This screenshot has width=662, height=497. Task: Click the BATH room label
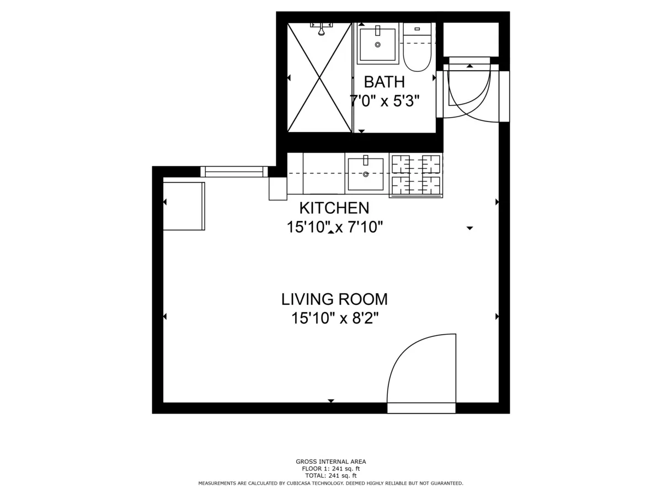tap(385, 82)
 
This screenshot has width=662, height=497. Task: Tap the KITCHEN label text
tap(334, 208)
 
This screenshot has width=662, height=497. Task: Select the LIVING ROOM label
tap(334, 299)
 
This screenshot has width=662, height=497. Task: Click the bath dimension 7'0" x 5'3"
tap(385, 101)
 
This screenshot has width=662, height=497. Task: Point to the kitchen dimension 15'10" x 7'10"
tap(334, 227)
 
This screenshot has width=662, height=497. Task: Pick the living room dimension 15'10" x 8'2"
tap(334, 318)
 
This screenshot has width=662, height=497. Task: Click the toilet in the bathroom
tap(417, 49)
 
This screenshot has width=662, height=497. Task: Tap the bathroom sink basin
tap(378, 44)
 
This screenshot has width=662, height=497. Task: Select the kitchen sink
tap(365, 174)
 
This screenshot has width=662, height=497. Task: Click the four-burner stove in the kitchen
tap(416, 175)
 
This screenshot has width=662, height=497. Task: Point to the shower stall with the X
tap(319, 77)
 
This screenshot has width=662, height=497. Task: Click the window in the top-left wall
tap(234, 172)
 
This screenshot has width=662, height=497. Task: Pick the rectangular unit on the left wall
tap(184, 206)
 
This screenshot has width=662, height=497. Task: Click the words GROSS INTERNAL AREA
tap(330, 462)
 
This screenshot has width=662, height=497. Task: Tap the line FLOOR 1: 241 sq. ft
tap(330, 468)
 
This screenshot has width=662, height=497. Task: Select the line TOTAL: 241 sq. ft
tap(330, 475)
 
